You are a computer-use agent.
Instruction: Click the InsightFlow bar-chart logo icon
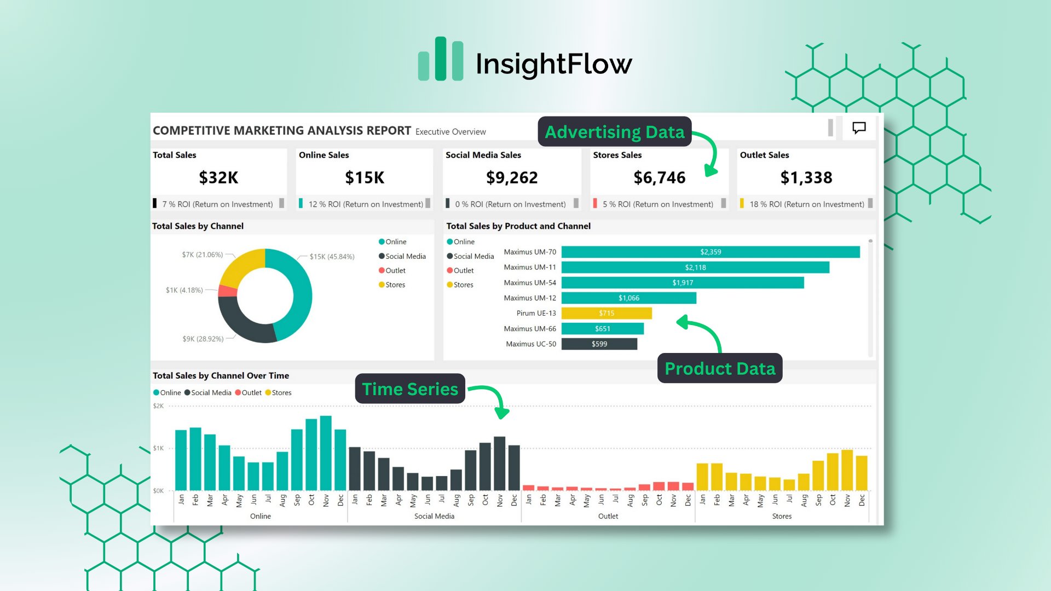[441, 59]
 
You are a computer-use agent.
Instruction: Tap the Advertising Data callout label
[614, 132]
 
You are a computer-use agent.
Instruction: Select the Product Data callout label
[719, 368]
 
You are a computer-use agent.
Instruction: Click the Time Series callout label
[410, 389]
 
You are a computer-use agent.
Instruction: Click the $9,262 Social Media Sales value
[512, 177]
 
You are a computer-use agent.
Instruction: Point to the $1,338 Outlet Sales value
[806, 177]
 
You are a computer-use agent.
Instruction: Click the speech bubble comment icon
[859, 128]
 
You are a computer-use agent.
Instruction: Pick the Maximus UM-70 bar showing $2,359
[710, 252]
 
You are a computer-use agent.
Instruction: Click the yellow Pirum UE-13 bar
[606, 313]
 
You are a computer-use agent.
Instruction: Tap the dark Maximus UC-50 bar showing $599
[599, 344]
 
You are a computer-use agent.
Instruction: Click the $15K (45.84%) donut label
[332, 257]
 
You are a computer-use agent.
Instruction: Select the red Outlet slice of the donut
[227, 291]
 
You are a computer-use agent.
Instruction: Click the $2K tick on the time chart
[158, 406]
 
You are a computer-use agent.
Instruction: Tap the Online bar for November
[326, 453]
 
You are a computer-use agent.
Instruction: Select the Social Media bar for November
[499, 463]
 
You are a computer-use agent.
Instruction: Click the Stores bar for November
[847, 470]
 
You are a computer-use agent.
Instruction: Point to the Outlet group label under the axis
[608, 516]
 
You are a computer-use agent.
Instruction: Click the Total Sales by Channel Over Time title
[221, 375]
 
